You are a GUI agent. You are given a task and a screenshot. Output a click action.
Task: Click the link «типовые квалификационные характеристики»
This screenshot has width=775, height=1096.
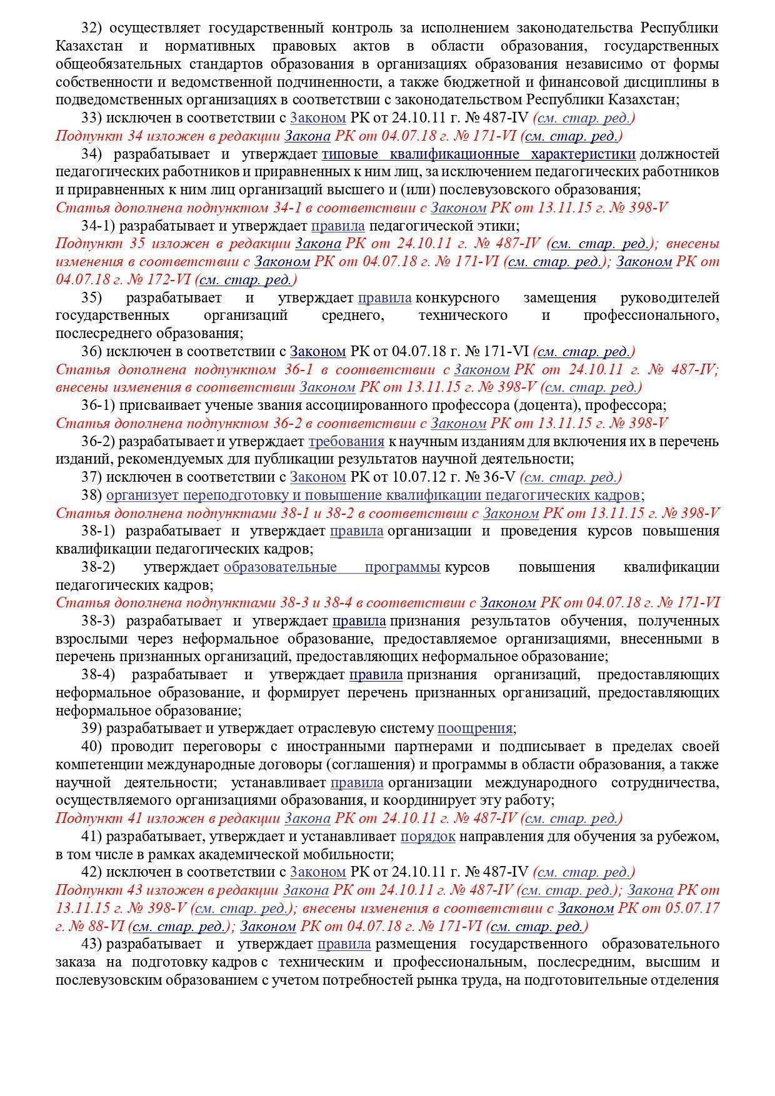[x=478, y=154]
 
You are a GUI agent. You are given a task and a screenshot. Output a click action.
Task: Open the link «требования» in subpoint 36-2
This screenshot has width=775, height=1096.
[x=346, y=441]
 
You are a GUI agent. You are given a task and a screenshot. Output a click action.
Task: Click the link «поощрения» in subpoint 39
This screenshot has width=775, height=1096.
[x=474, y=728]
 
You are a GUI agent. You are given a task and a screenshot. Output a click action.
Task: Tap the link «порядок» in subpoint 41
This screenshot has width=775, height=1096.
[x=427, y=836]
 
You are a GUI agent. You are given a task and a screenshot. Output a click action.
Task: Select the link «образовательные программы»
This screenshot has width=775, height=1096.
[x=332, y=567]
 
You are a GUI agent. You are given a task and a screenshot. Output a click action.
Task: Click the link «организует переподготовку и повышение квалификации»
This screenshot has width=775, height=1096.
[x=372, y=495]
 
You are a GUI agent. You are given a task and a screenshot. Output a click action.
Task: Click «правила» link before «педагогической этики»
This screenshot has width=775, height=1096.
[x=337, y=225]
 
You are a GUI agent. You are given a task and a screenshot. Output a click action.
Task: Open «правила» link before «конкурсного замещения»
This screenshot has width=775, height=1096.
[x=384, y=297]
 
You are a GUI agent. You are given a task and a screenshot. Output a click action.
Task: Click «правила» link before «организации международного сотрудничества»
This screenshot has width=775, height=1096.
[x=356, y=782]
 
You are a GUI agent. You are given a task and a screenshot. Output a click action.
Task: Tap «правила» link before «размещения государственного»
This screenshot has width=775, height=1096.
[x=344, y=944]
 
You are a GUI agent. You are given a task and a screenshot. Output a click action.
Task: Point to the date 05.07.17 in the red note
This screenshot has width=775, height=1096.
[x=696, y=907]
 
